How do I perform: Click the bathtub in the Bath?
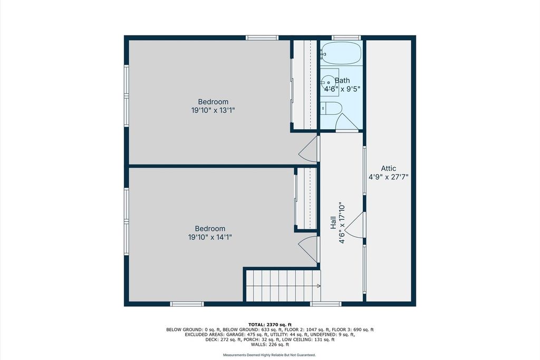click(x=341, y=53)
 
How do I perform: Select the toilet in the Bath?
click(x=331, y=109)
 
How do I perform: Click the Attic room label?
click(x=388, y=168)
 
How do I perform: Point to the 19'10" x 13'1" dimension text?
click(x=213, y=110)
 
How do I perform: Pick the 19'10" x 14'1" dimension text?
click(x=210, y=237)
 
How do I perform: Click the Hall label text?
click(x=333, y=222)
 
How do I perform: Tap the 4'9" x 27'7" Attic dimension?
click(x=389, y=177)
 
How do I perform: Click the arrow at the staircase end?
click(x=319, y=286)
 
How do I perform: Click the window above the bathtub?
click(x=346, y=37)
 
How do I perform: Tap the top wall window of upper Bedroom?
click(x=262, y=37)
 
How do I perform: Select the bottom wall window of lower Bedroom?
click(x=187, y=304)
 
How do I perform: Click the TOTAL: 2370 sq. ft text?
click(x=270, y=324)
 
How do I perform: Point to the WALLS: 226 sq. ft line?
click(x=270, y=344)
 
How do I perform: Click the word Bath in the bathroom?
click(x=342, y=80)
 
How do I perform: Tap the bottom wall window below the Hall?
click(x=326, y=304)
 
